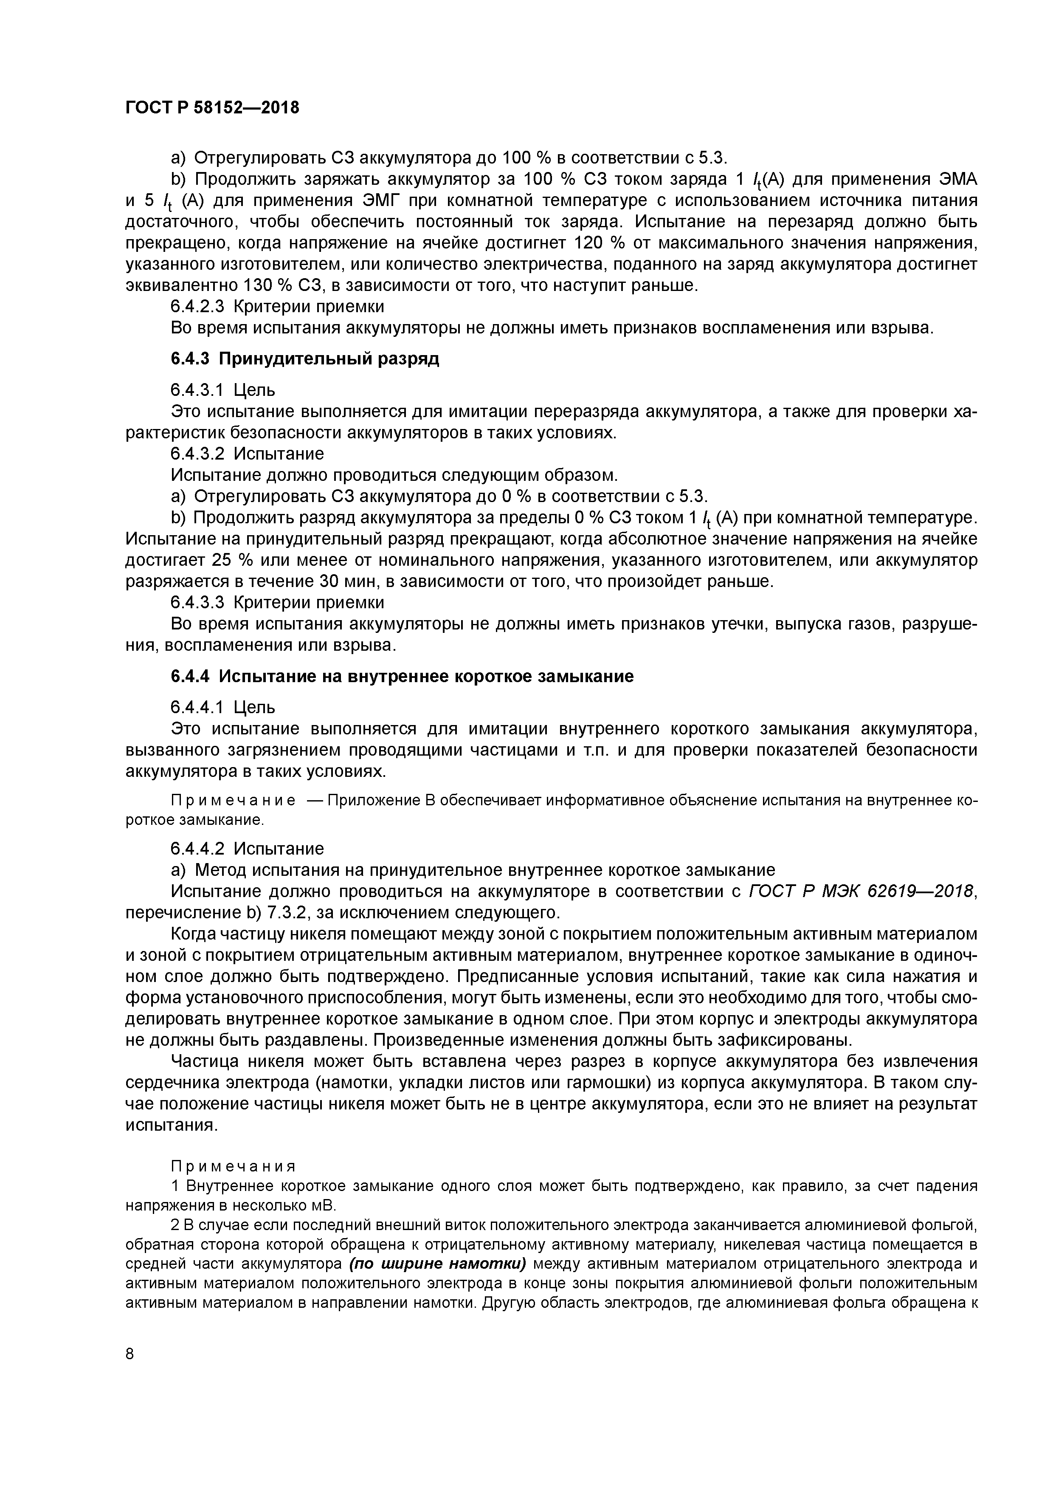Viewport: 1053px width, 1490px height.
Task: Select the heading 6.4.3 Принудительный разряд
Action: pos(305,359)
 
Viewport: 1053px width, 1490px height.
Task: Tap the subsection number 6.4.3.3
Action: pos(197,603)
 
